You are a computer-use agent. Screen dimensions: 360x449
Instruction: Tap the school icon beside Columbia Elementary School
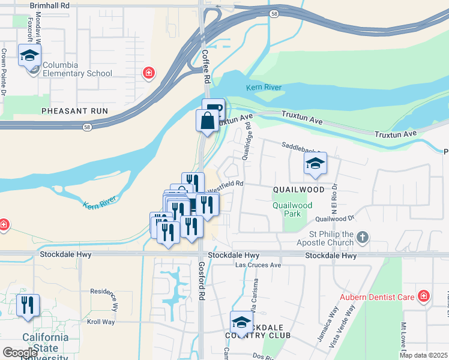(29, 56)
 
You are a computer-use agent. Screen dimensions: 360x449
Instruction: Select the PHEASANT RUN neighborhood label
(74, 111)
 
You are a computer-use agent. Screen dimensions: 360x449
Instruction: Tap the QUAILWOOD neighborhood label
(298, 190)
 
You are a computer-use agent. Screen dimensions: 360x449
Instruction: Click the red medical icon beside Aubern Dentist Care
(424, 296)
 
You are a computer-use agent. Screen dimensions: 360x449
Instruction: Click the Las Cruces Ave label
(258, 265)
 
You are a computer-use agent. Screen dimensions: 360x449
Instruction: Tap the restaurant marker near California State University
(28, 305)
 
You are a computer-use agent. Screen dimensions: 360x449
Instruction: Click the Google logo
(20, 353)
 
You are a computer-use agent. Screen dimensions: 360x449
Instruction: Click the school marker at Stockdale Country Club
(241, 322)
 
